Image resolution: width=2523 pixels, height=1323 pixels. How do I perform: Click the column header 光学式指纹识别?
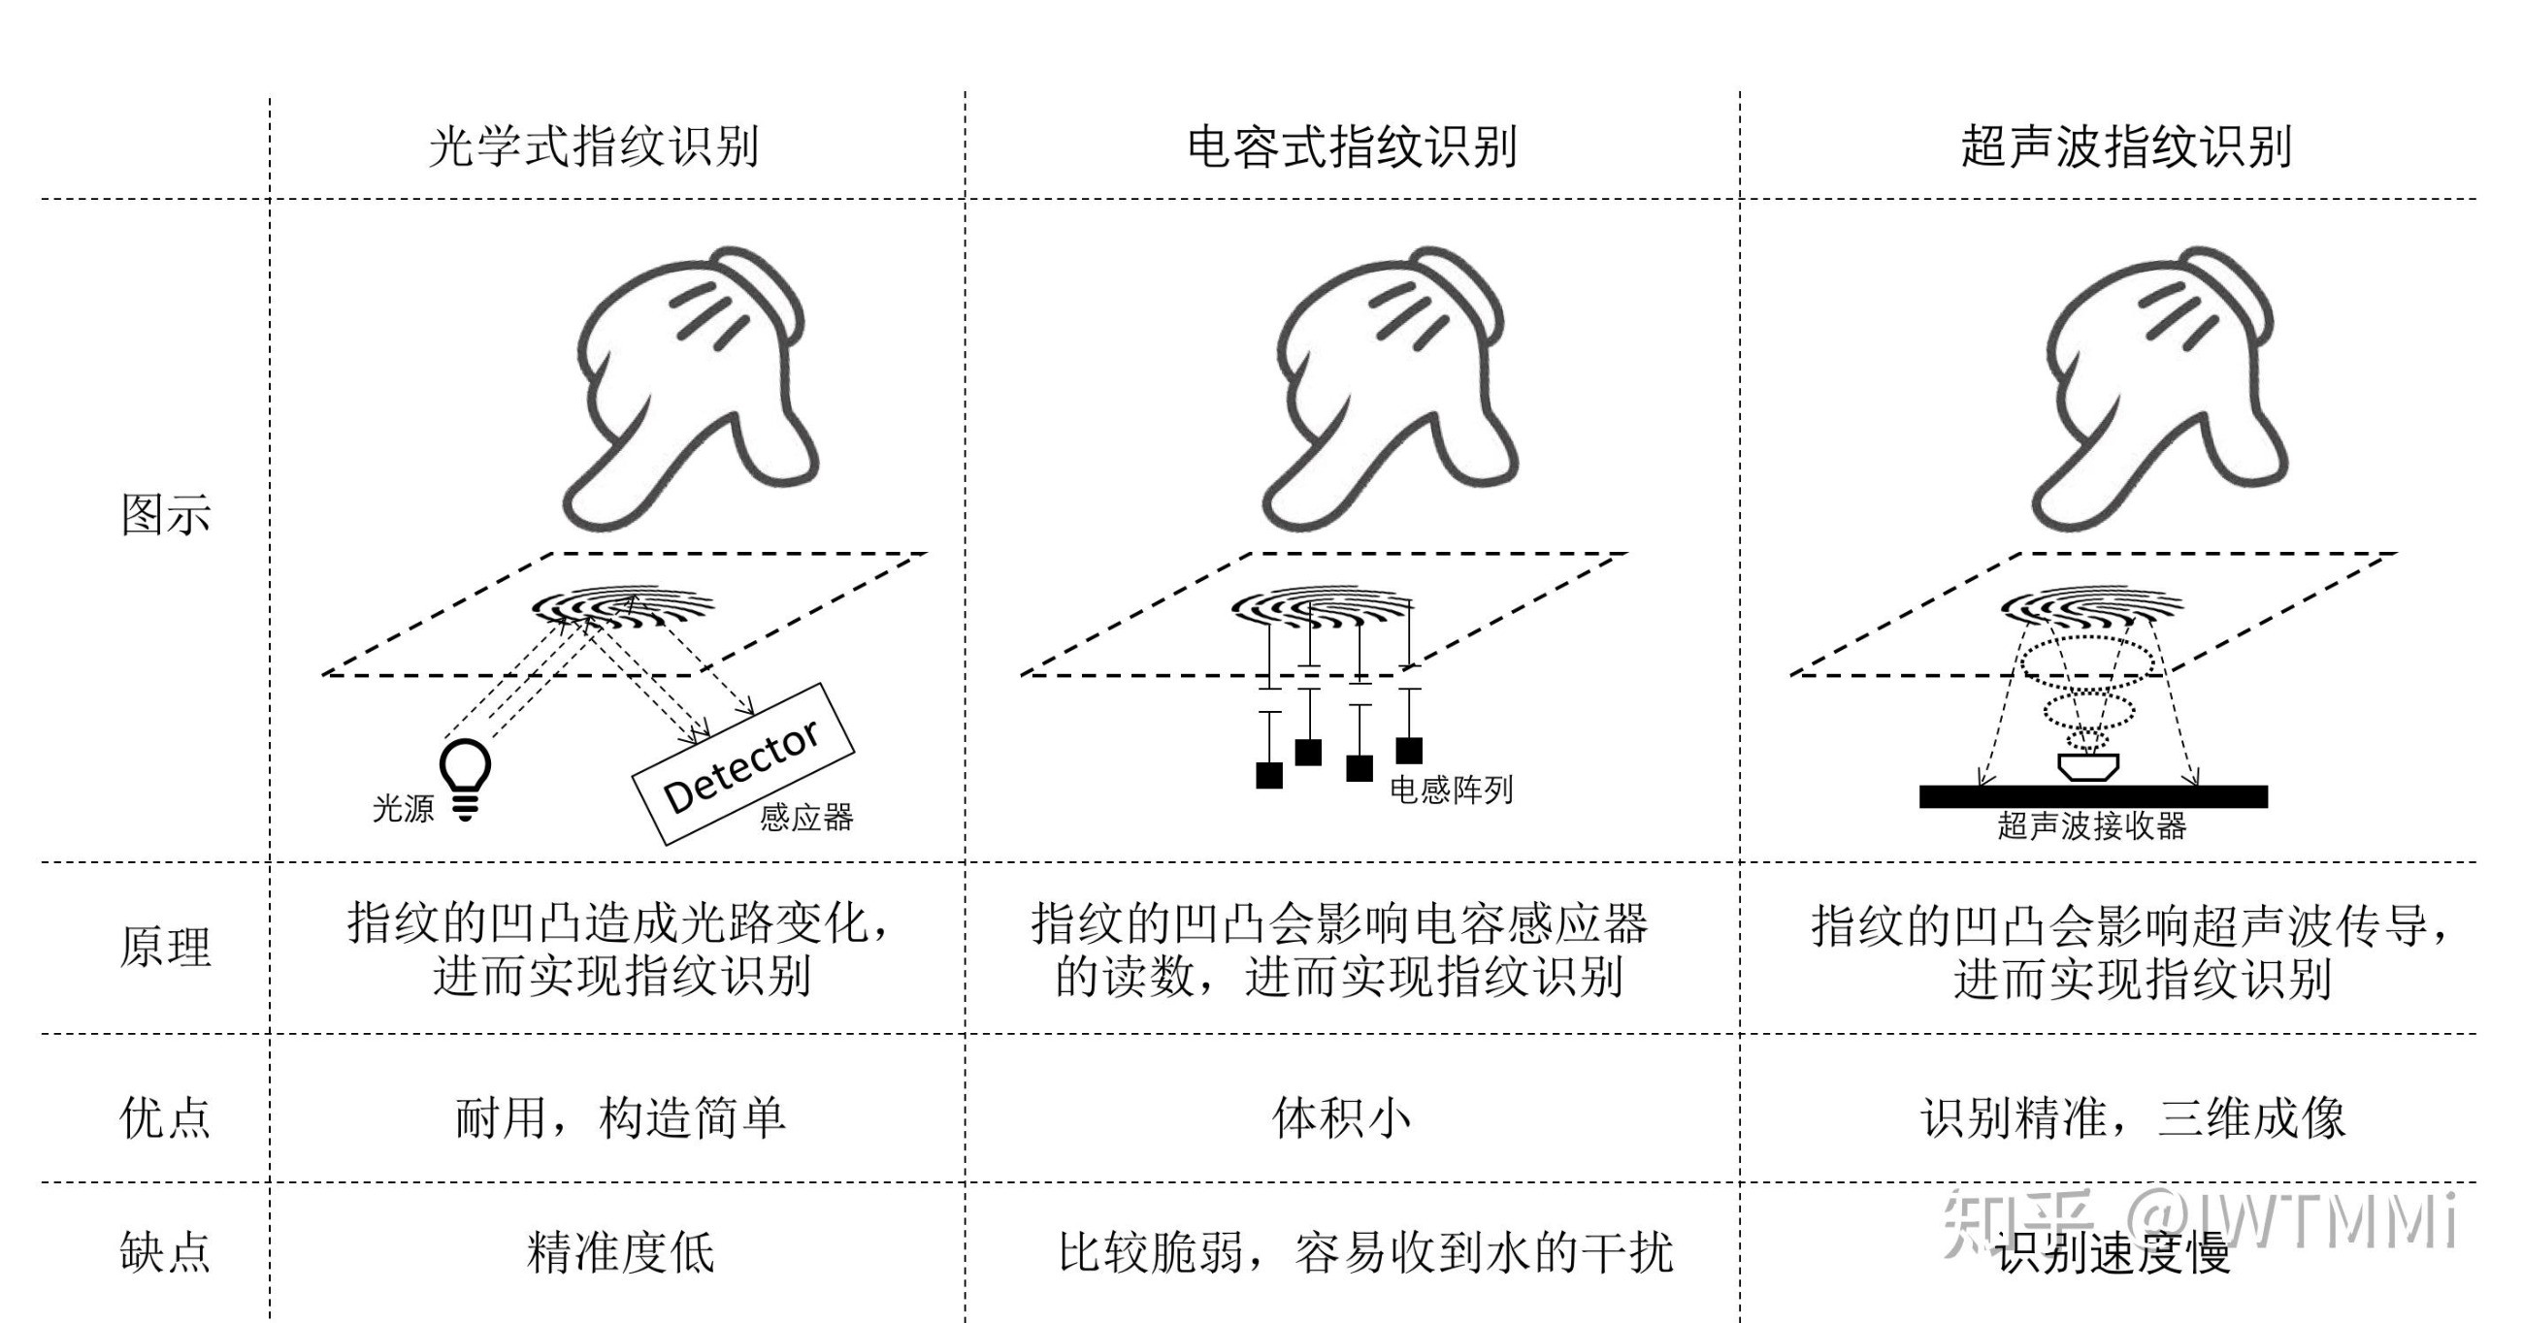tap(594, 146)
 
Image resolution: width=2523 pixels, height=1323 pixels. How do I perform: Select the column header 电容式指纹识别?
tap(1352, 146)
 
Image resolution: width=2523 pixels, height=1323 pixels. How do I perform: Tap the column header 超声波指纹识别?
tap(2125, 146)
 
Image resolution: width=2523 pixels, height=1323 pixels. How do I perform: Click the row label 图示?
tap(166, 515)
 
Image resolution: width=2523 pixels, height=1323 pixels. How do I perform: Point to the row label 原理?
tap(166, 947)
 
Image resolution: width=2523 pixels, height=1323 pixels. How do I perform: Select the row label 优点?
tap(166, 1117)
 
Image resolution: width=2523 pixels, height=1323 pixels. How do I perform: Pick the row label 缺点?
tap(166, 1252)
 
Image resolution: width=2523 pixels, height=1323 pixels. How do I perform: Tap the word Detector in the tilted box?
tap(740, 766)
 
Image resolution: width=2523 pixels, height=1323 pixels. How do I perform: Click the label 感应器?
tap(806, 817)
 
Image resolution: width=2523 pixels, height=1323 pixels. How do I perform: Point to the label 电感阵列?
tap(1451, 790)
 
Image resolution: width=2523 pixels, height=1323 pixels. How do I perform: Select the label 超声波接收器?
tap(2092, 826)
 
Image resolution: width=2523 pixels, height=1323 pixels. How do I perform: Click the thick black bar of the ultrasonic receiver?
tap(2092, 796)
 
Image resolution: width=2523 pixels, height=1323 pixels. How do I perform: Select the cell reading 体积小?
tap(1342, 1117)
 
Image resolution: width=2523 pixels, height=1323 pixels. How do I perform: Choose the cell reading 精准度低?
tap(621, 1252)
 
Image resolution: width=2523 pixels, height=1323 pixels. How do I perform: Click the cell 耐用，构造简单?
tap(621, 1117)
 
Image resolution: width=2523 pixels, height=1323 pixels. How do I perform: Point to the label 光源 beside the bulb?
tap(403, 809)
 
